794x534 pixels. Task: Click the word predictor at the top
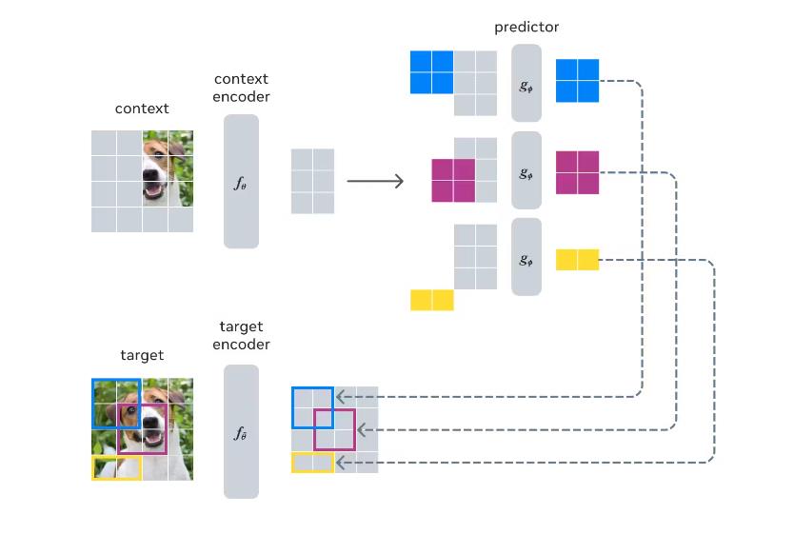tap(526, 27)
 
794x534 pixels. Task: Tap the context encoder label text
tap(242, 88)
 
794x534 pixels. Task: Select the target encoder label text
tap(242, 336)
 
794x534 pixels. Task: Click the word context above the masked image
tap(142, 109)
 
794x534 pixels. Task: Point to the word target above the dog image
tap(142, 355)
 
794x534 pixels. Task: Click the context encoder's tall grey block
tap(242, 181)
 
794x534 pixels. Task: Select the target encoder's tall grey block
tap(241, 431)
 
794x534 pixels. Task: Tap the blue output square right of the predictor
tap(577, 81)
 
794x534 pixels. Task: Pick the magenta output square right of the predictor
tap(577, 172)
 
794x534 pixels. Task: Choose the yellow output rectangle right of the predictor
tap(577, 259)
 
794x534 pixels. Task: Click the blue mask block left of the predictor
tap(431, 72)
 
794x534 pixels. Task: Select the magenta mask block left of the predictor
tap(453, 180)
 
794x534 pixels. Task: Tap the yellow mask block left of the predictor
tap(432, 300)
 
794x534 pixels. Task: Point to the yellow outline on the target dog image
tap(116, 467)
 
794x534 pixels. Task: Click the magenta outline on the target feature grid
tap(333, 429)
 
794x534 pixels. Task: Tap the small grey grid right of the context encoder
tap(312, 181)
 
